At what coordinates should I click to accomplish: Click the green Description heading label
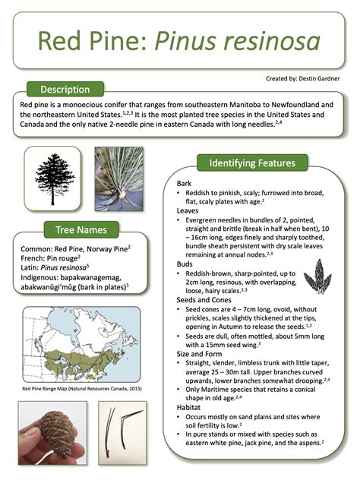click(65, 89)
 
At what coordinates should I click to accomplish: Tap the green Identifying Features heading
click(251, 163)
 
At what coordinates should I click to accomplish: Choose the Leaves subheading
click(188, 210)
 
